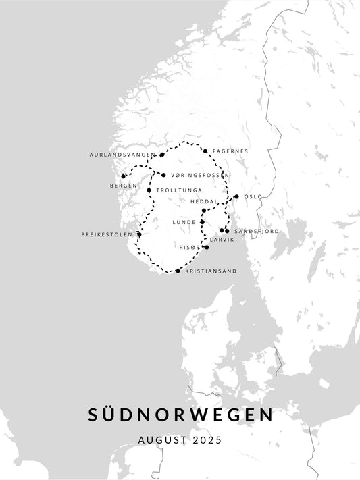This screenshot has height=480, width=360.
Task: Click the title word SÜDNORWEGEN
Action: (180, 415)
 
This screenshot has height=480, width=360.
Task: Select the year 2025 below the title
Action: (207, 439)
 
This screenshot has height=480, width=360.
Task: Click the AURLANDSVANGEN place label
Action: (122, 155)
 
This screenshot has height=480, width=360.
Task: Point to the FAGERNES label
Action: (230, 151)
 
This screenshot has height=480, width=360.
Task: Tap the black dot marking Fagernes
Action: (205, 151)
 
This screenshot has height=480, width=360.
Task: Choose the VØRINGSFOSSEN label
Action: (200, 175)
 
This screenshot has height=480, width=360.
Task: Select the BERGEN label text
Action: (123, 185)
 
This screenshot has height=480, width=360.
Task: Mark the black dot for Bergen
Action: (123, 176)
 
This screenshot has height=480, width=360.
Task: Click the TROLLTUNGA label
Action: (179, 190)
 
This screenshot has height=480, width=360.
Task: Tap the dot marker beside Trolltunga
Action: (149, 190)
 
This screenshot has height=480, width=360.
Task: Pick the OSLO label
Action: (253, 196)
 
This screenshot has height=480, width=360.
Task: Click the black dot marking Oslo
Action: (236, 196)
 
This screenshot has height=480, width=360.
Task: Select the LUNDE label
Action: (184, 221)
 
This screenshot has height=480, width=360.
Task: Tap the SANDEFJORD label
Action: (257, 231)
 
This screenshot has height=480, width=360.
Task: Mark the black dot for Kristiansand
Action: (178, 271)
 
